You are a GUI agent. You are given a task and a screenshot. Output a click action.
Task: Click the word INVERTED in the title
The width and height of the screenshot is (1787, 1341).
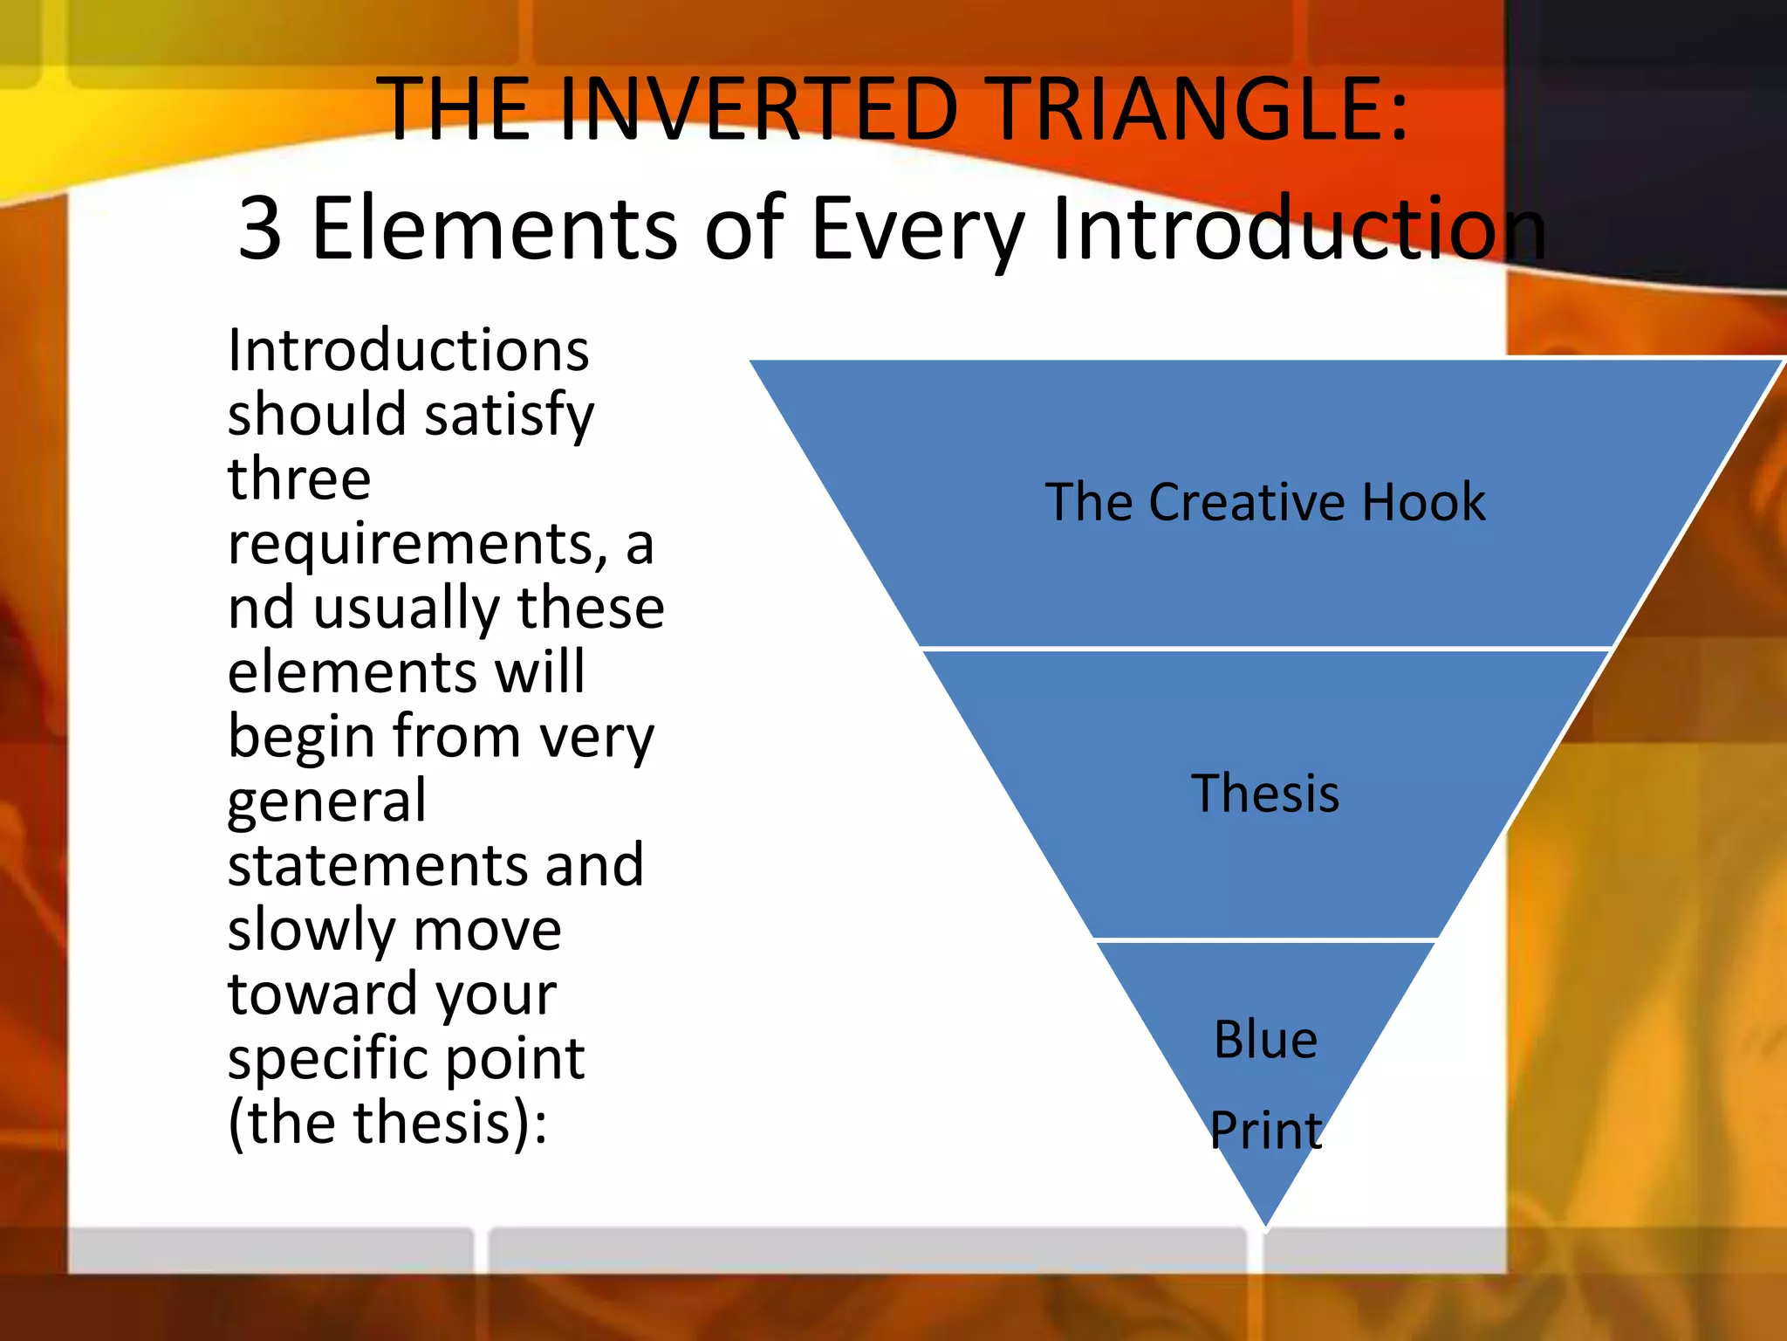click(x=759, y=110)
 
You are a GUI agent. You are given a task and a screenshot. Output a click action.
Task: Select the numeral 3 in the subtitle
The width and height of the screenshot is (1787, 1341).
click(x=260, y=229)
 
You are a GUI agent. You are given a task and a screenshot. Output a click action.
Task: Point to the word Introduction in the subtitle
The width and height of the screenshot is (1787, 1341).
click(x=1298, y=229)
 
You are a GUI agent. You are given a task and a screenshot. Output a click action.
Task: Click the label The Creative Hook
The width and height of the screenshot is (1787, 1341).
click(x=1264, y=503)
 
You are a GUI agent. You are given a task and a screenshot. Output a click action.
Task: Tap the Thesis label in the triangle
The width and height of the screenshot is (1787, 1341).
click(x=1264, y=794)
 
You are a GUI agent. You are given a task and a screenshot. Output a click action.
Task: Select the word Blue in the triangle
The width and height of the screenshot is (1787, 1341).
click(x=1265, y=1040)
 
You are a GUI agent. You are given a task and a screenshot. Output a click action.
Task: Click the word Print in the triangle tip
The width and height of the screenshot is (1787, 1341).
click(x=1265, y=1130)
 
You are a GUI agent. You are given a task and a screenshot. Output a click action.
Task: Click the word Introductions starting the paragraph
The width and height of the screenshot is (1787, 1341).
click(x=408, y=351)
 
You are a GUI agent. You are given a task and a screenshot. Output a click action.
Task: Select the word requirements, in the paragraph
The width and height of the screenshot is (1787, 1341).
click(x=417, y=546)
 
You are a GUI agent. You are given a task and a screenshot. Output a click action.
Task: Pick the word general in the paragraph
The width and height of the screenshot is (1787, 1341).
click(x=327, y=803)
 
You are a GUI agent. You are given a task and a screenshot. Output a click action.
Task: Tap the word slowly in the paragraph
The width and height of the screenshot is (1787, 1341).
click(x=309, y=931)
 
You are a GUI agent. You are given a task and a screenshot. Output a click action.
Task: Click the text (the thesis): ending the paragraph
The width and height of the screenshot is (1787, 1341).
click(x=387, y=1124)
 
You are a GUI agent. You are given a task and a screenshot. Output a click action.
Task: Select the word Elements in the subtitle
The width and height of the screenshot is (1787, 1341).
click(x=494, y=229)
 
